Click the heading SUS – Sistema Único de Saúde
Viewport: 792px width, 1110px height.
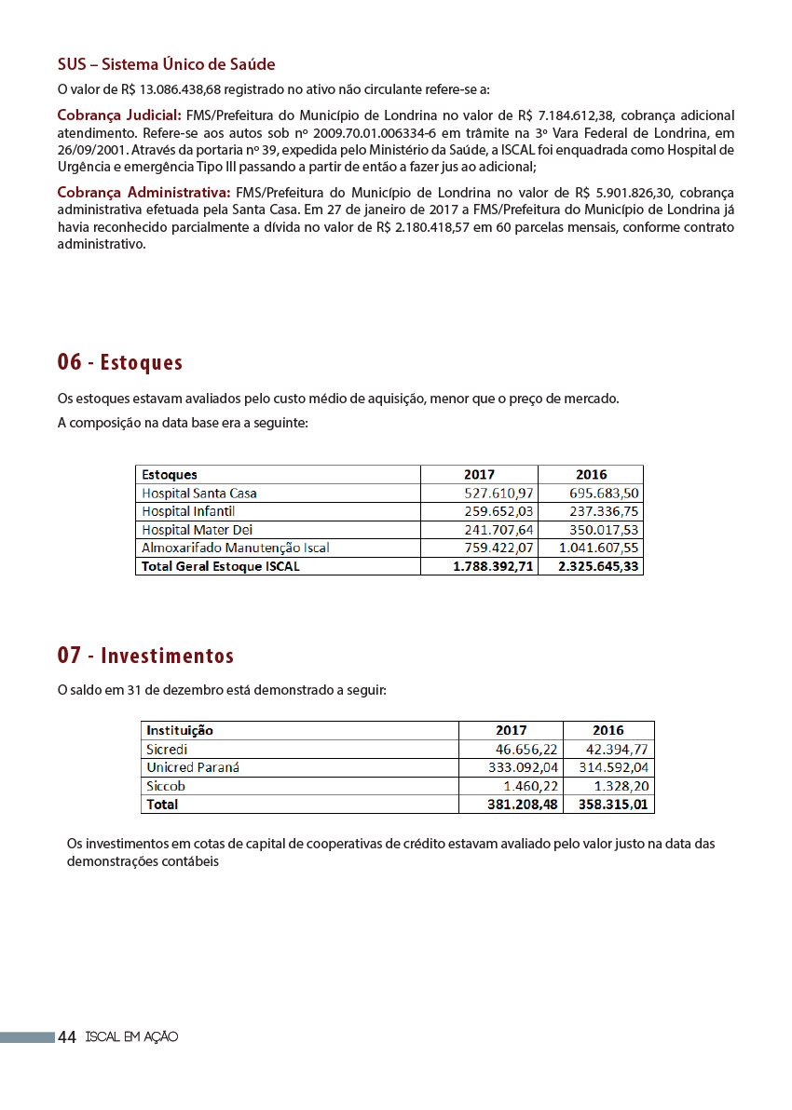(166, 64)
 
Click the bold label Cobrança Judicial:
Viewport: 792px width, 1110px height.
(119, 115)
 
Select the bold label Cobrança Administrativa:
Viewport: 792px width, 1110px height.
(143, 193)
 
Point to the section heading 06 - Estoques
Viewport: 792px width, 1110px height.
(120, 362)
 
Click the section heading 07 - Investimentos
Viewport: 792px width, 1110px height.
(145, 656)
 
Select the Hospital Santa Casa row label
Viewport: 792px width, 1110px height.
(199, 493)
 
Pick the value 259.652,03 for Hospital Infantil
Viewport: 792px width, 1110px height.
(498, 511)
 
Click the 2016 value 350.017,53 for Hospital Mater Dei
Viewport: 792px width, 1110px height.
(604, 530)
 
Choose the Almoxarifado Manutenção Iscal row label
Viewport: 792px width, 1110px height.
(236, 548)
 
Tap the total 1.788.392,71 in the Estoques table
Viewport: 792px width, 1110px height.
(493, 566)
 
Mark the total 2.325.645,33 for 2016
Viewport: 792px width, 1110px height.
(598, 566)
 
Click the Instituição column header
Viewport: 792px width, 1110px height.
(180, 730)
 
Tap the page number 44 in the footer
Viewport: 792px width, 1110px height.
(67, 1037)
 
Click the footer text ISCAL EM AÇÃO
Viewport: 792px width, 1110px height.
(131, 1037)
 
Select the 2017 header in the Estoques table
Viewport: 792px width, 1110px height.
(479, 474)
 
